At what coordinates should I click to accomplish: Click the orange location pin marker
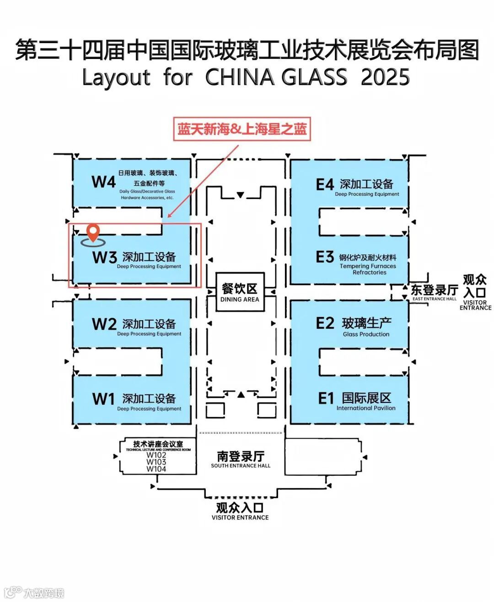point(93,232)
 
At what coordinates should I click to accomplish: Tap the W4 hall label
point(103,182)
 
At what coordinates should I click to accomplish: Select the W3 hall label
point(104,258)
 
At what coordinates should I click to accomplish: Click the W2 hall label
point(104,324)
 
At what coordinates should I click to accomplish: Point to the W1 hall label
point(103,399)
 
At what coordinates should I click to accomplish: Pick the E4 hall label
point(325,185)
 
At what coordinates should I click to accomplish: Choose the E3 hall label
point(325,257)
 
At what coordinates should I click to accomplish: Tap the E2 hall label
point(325,323)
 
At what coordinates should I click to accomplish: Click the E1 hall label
point(326,398)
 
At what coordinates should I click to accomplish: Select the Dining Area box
point(240,292)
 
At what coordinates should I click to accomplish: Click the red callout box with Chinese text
point(242,129)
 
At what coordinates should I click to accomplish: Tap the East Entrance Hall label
point(434,292)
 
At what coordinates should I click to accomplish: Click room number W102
point(156,455)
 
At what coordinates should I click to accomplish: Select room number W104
point(156,469)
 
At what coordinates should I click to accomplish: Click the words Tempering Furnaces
point(368,266)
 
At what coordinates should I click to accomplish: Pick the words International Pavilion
point(366,408)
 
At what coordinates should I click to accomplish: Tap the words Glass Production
point(366,334)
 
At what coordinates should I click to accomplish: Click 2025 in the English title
point(385,77)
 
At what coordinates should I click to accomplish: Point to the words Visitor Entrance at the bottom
point(240,517)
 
